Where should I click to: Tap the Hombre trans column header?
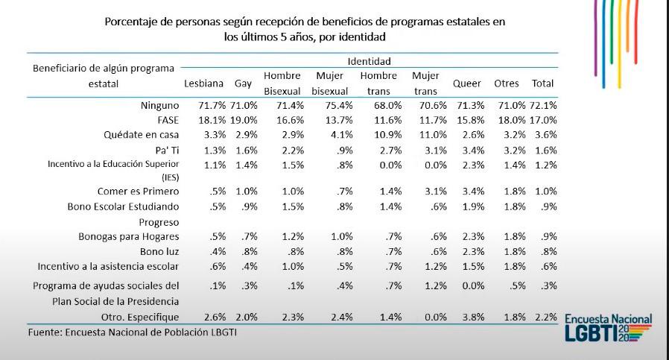tap(378, 83)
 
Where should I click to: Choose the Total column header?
tap(542, 83)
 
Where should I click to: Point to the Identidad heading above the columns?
tap(369, 61)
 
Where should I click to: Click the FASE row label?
tap(168, 119)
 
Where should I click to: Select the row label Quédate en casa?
tap(142, 135)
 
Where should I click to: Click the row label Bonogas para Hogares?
tap(129, 236)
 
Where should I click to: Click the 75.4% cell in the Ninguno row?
tap(330, 105)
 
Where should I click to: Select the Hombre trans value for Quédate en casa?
tap(387, 135)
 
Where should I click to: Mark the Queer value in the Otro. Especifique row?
tap(472, 317)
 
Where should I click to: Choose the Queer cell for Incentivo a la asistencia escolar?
tap(472, 266)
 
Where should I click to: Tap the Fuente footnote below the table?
tap(133, 332)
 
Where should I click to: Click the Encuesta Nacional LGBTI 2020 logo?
tap(608, 328)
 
